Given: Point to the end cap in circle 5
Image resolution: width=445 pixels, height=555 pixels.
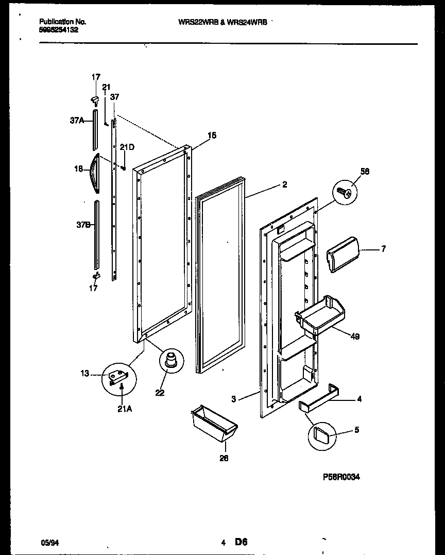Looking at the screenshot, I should click(321, 436).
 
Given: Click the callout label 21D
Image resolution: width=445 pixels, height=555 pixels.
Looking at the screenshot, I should click(127, 147).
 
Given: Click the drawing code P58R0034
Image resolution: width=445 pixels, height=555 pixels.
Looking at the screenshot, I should click(340, 477).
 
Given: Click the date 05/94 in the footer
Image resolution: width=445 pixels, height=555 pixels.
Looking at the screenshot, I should click(48, 543).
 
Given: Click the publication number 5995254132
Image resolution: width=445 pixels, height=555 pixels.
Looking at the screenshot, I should click(59, 30).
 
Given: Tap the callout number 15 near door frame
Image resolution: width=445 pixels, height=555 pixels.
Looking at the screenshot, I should click(211, 136).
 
